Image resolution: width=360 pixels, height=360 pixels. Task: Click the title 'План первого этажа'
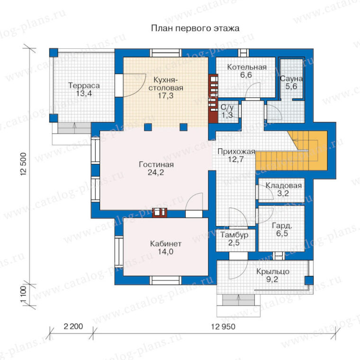[195, 28]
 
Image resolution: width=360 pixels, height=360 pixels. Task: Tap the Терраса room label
[84, 86]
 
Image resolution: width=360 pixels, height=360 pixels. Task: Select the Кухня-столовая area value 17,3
[165, 96]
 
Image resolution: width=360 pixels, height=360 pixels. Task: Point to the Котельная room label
[247, 67]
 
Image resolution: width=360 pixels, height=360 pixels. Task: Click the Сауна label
[291, 79]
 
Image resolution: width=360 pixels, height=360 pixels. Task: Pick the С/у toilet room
[228, 112]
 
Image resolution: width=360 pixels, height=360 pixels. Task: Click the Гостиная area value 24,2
[156, 172]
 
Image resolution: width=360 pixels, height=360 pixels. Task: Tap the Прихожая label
[236, 152]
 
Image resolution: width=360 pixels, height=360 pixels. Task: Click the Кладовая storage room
[281, 190]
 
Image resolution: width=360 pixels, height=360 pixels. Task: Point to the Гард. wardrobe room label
[282, 225]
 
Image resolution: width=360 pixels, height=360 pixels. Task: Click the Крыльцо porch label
[272, 271]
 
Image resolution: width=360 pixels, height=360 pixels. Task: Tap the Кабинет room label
[165, 243]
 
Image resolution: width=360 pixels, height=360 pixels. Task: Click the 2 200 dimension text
[73, 326]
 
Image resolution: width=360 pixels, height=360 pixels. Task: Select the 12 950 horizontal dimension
[223, 326]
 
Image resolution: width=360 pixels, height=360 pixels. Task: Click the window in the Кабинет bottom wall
[166, 280]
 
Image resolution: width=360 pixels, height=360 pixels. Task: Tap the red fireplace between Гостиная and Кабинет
[160, 212]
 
